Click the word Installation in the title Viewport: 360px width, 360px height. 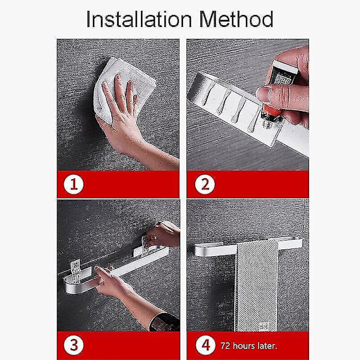pos(139,19)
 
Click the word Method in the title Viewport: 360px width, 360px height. pos(236,19)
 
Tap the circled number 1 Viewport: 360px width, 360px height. pos(74,184)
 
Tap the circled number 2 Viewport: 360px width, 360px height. pos(205,184)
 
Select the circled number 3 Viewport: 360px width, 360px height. pos(74,345)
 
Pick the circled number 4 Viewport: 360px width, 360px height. pos(205,345)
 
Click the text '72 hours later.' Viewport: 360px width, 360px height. pos(249,346)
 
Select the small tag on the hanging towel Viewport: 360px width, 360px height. pos(264,326)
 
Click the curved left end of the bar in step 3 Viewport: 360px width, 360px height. pos(69,284)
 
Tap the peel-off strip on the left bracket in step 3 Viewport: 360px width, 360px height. pos(76,272)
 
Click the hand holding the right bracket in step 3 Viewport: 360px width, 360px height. pos(162,234)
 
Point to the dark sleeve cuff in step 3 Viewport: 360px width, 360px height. pos(165,322)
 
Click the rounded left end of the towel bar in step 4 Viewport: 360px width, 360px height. pos(200,250)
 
